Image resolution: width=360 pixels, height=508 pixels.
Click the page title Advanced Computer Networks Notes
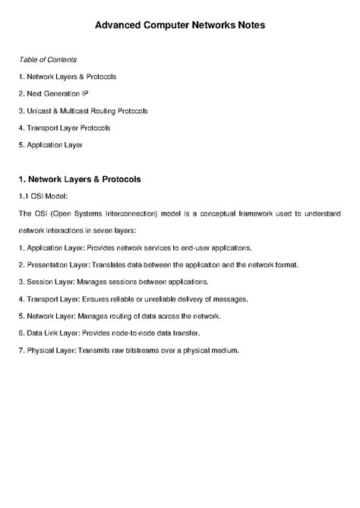pyautogui.click(x=179, y=25)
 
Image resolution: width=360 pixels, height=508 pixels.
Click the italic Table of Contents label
pyautogui.click(x=48, y=59)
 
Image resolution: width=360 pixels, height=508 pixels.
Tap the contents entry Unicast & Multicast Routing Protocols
pyautogui.click(x=87, y=111)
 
